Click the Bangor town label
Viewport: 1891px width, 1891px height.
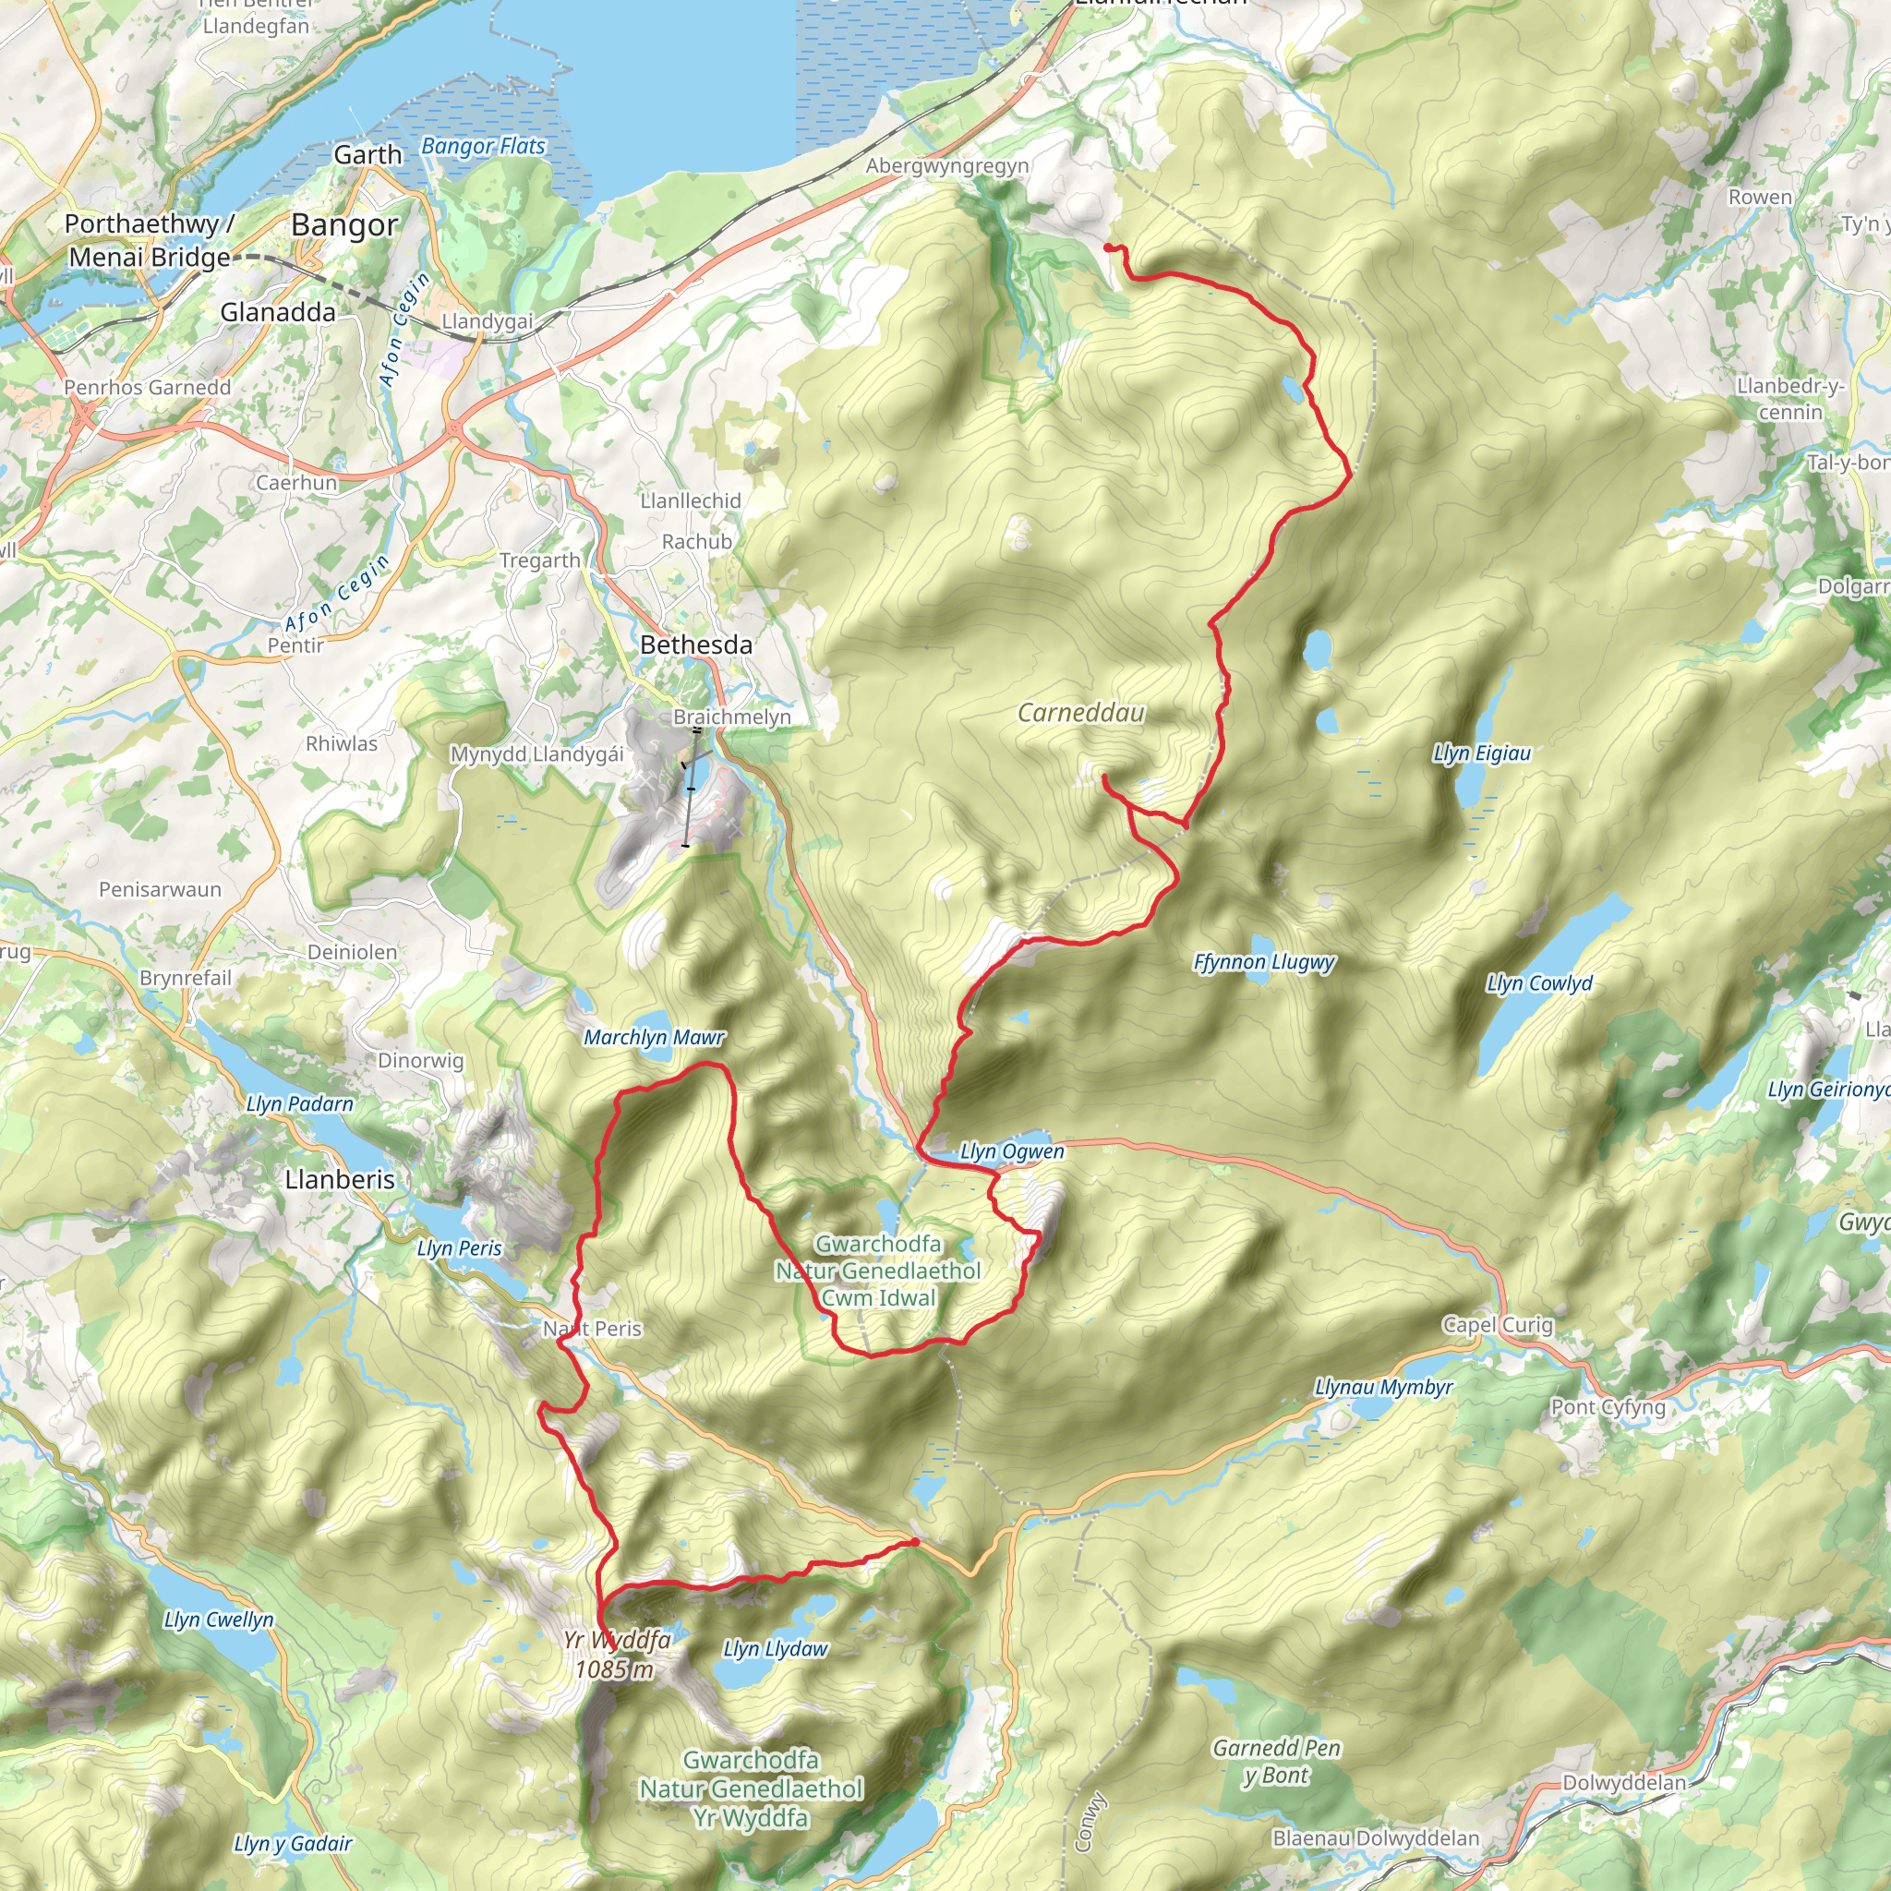point(344,225)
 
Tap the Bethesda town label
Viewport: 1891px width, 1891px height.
point(696,645)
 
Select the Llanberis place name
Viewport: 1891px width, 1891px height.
point(340,1179)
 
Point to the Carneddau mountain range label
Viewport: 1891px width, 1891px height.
point(1080,713)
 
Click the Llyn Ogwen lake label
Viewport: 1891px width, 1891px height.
point(1011,1152)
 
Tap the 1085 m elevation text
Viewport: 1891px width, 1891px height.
point(614,1668)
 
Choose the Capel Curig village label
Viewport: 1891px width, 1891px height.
point(1498,1324)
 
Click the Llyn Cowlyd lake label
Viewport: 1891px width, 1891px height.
point(1538,983)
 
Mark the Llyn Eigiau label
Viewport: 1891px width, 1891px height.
point(1481,753)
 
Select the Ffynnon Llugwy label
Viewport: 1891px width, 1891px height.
point(1264,962)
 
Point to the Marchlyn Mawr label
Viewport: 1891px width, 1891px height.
point(654,1038)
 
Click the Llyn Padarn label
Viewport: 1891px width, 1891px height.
point(299,1104)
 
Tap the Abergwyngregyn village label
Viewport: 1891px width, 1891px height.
point(946,166)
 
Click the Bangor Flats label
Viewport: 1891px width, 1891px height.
point(483,147)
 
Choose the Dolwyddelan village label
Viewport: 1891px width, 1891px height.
point(1624,1782)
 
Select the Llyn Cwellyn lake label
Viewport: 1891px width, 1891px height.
point(218,1620)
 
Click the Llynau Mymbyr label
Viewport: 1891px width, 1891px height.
point(1383,1387)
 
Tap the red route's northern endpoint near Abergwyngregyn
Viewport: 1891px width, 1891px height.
point(1108,247)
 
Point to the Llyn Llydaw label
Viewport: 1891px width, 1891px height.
point(776,1649)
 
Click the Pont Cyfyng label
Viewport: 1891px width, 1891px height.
point(1608,1407)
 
